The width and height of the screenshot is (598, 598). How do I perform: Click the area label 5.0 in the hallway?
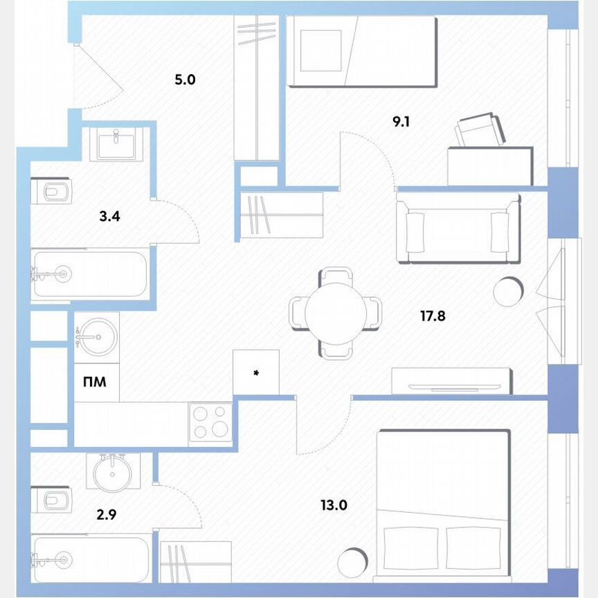click(185, 80)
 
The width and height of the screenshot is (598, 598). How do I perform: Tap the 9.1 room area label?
click(402, 123)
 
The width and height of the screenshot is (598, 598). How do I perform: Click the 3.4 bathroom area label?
click(109, 216)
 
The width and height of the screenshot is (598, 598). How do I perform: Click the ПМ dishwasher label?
click(95, 381)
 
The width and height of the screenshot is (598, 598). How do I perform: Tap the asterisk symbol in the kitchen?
click(256, 374)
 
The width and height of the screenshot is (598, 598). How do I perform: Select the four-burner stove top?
click(210, 421)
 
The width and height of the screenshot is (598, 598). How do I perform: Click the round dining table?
click(335, 312)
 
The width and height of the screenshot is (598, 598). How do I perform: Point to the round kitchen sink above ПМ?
click(96, 337)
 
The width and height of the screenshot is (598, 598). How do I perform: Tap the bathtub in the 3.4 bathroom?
click(90, 274)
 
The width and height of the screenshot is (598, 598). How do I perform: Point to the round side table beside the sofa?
click(509, 291)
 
